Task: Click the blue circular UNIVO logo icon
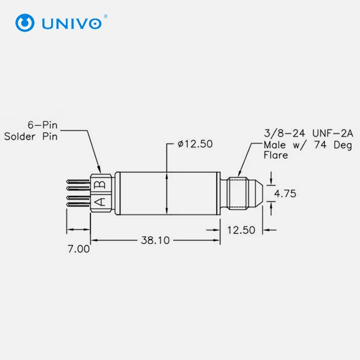click(25, 22)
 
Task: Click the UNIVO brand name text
click(71, 24)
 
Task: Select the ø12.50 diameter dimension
click(195, 144)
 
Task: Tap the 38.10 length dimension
click(155, 240)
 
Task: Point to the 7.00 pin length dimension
click(79, 249)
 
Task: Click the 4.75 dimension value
click(285, 193)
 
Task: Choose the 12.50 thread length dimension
click(241, 230)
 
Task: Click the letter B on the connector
click(100, 184)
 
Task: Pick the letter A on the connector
click(100, 202)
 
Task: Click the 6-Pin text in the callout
click(43, 125)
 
